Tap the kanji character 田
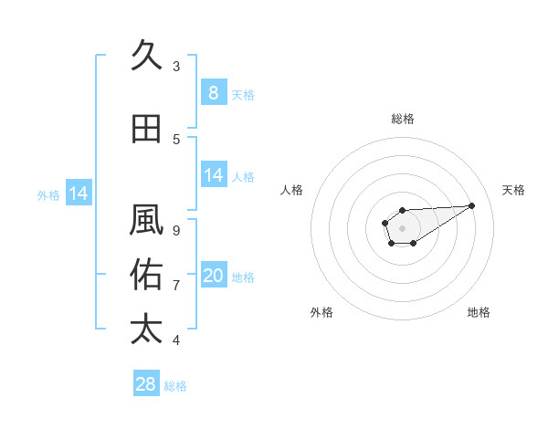pyautogui.click(x=146, y=129)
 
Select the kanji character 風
pyautogui.click(x=146, y=221)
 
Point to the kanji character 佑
pyautogui.click(x=146, y=275)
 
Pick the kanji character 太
pyautogui.click(x=146, y=329)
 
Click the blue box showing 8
pyautogui.click(x=213, y=92)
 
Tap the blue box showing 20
pyautogui.click(x=213, y=276)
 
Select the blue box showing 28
pyautogui.click(x=146, y=384)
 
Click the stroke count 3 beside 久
pyautogui.click(x=176, y=66)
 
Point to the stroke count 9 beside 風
pyautogui.click(x=176, y=230)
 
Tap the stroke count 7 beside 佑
pyautogui.click(x=176, y=285)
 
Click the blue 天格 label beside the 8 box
pyautogui.click(x=243, y=94)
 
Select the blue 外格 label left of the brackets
pyautogui.click(x=48, y=194)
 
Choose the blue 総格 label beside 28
pyautogui.click(x=175, y=386)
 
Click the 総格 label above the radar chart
pyautogui.click(x=402, y=119)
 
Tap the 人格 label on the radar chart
pyautogui.click(x=292, y=190)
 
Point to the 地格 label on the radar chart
pyautogui.click(x=479, y=312)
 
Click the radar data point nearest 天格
pyautogui.click(x=472, y=204)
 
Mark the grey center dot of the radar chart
pyautogui.click(x=402, y=226)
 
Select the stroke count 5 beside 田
pyautogui.click(x=176, y=139)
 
